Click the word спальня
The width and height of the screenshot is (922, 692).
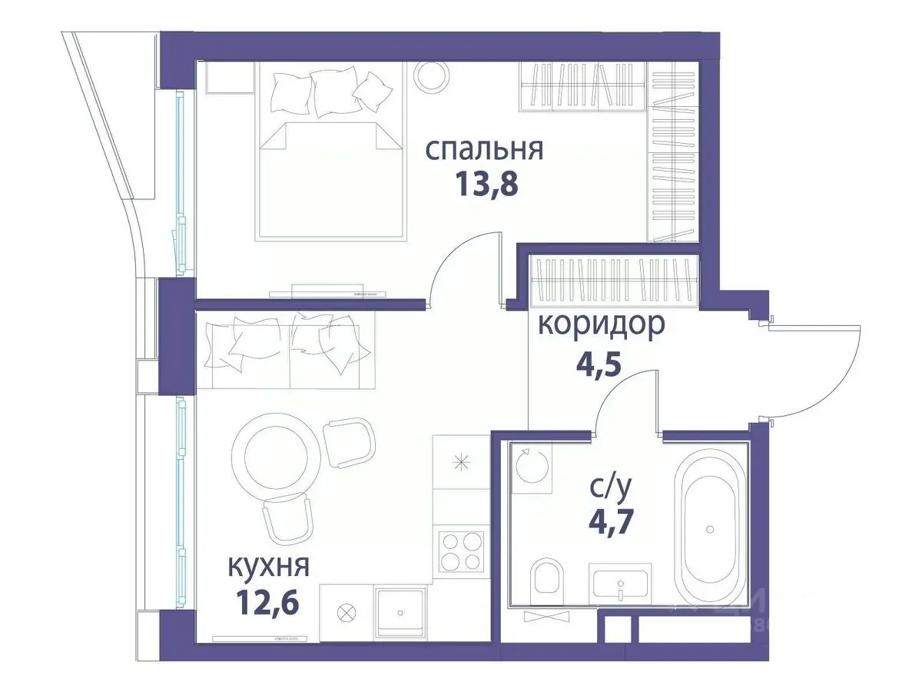(484, 149)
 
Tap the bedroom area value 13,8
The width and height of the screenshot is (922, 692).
(484, 185)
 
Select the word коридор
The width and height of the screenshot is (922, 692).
(601, 324)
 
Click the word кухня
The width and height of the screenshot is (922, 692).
(268, 567)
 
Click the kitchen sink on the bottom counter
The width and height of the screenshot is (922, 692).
(400, 612)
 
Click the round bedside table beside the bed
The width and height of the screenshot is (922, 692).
(431, 76)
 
